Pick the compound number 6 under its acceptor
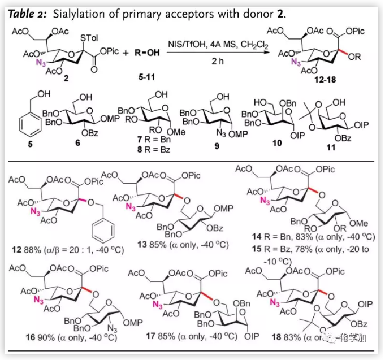[x=77, y=144]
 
